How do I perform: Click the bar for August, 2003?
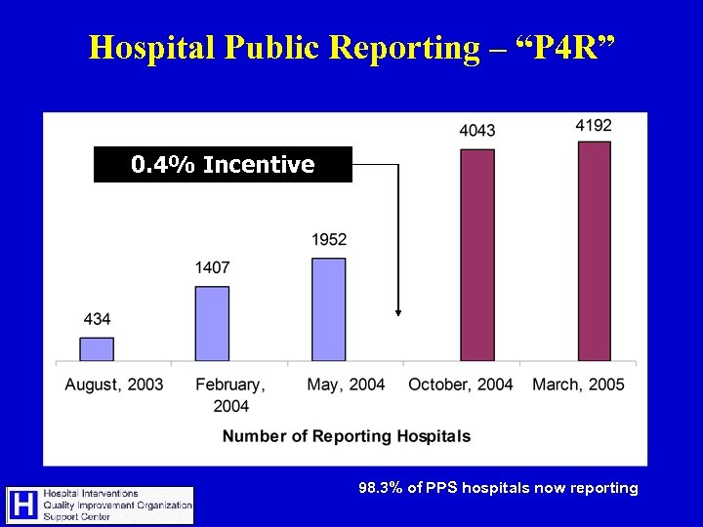tap(97, 349)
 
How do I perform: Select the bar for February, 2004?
tap(212, 324)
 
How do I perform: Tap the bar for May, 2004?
tap(329, 309)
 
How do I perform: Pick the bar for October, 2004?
tap(476, 256)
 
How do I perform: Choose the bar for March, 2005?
tap(594, 252)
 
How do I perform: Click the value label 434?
tap(97, 319)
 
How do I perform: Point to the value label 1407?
tap(212, 267)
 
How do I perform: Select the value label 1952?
tap(329, 240)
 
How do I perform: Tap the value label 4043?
tap(476, 131)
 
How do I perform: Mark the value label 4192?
tap(594, 125)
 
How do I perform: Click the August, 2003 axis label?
tap(114, 385)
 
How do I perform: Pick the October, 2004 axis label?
tap(461, 385)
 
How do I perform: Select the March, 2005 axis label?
tap(578, 385)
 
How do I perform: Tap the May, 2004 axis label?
tap(346, 385)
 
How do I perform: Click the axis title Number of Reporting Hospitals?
tap(347, 436)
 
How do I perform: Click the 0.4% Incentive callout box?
tap(223, 165)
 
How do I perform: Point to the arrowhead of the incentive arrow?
tap(398, 312)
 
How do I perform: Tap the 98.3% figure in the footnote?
tap(378, 488)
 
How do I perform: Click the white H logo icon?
tap(22, 505)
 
